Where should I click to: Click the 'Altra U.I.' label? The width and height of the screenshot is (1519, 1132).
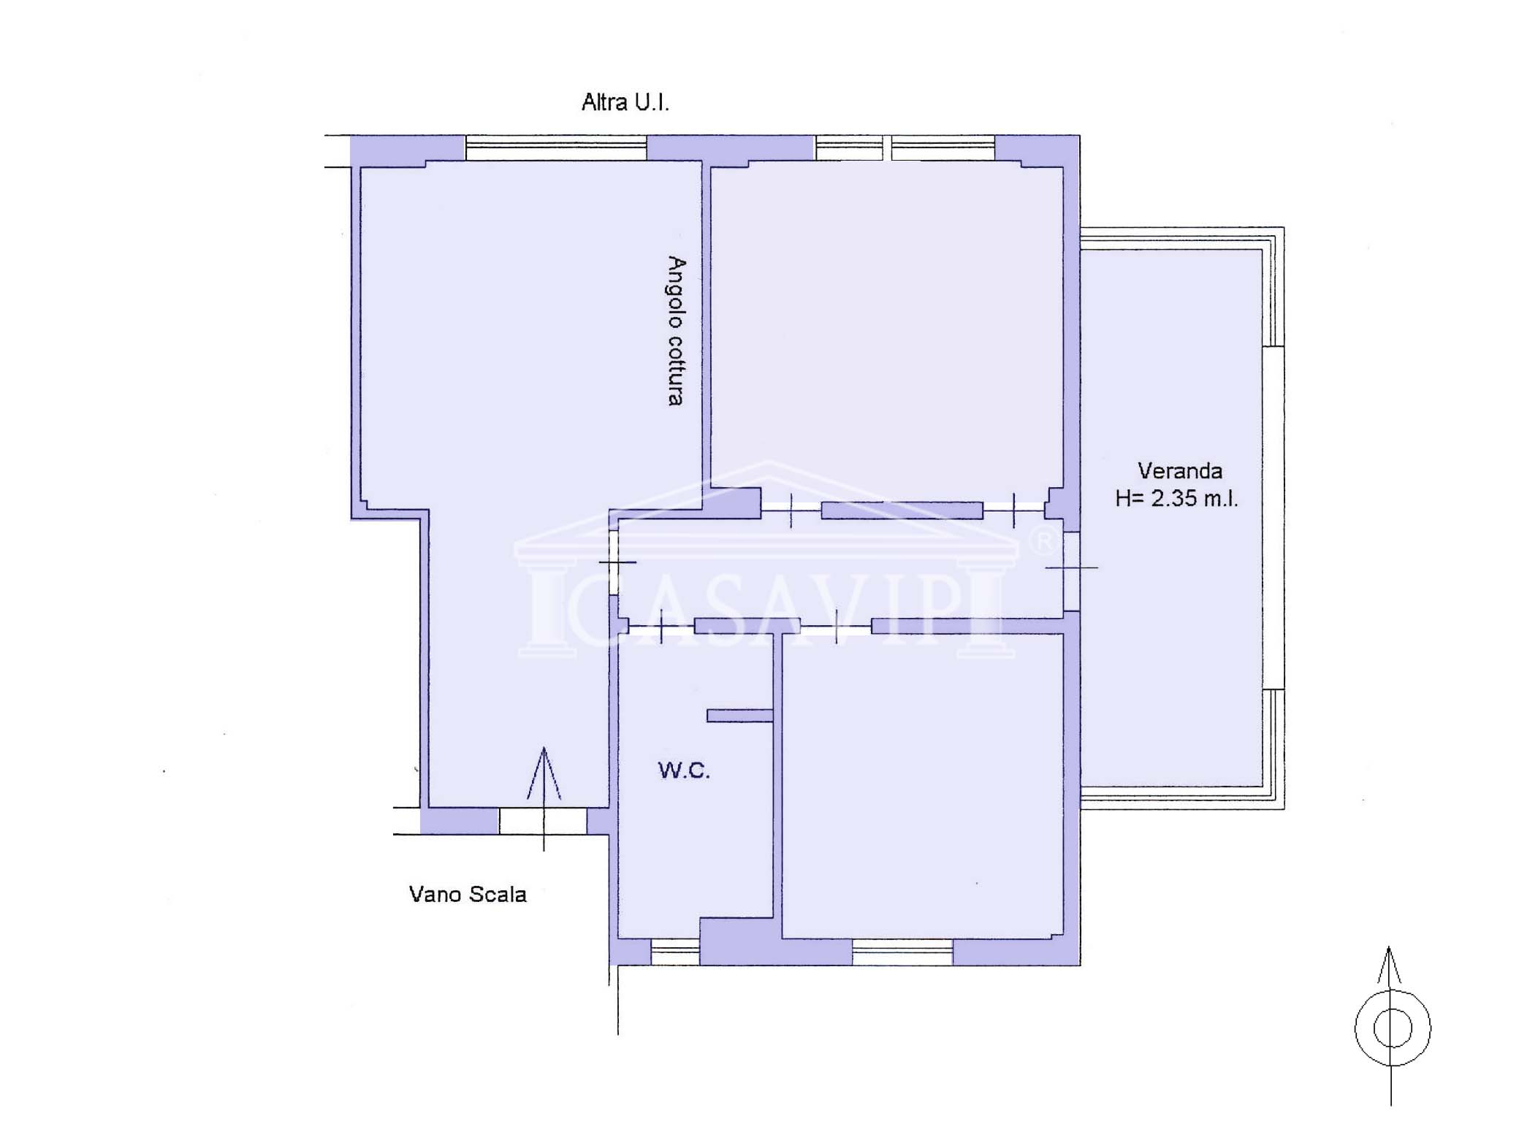coord(625,102)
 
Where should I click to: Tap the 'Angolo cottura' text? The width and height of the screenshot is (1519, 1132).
coord(677,331)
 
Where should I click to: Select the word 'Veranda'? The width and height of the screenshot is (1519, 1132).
coord(1179,471)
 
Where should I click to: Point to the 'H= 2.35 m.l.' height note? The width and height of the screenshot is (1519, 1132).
coord(1176,499)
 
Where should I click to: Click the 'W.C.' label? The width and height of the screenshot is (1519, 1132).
coord(684,770)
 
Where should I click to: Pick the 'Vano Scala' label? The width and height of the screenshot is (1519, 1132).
coord(468,894)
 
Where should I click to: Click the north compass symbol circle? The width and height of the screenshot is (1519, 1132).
coord(1392,1028)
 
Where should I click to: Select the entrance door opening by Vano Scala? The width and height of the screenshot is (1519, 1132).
coord(543,821)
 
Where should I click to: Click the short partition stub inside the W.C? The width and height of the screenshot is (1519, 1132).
coord(739,716)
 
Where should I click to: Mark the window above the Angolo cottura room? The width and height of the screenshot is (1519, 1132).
coord(556,148)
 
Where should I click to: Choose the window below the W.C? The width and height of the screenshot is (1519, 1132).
coord(675,952)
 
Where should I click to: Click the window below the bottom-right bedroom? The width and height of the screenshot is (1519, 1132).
coord(902,952)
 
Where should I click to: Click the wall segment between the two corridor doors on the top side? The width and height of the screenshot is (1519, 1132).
coord(902,510)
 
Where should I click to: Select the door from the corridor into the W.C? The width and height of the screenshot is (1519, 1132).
coord(660,626)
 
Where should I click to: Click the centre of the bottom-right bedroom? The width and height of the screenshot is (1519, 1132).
coord(922,786)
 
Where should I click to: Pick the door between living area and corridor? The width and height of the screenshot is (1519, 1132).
coord(614,562)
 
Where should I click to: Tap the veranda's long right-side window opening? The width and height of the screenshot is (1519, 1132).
coord(1274,518)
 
